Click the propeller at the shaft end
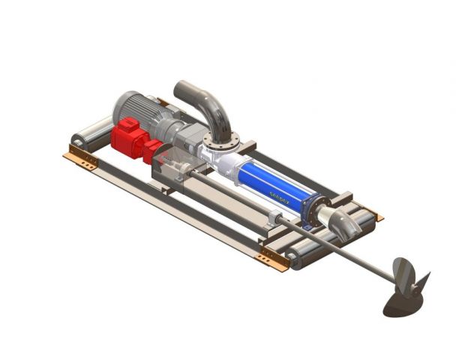pyautogui.click(x=406, y=289)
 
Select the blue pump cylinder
pyautogui.click(x=274, y=184)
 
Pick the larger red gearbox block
pyautogui.click(x=127, y=138)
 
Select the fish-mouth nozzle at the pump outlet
pyautogui.click(x=343, y=222)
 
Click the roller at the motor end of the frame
pyautogui.click(x=88, y=133)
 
